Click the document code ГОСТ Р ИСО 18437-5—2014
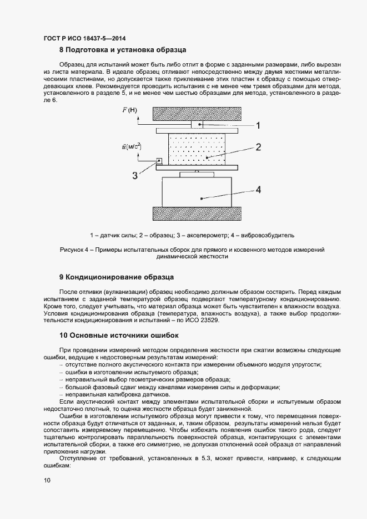click(84, 39)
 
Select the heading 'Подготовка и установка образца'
click(127, 50)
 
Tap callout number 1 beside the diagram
click(258, 126)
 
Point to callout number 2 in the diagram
click(258, 147)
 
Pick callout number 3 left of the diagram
click(134, 176)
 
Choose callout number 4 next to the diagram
click(258, 189)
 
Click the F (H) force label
click(129, 110)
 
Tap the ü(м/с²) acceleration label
click(131, 146)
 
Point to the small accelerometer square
click(159, 160)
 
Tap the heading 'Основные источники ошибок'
click(123, 335)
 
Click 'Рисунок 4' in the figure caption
click(77, 250)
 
